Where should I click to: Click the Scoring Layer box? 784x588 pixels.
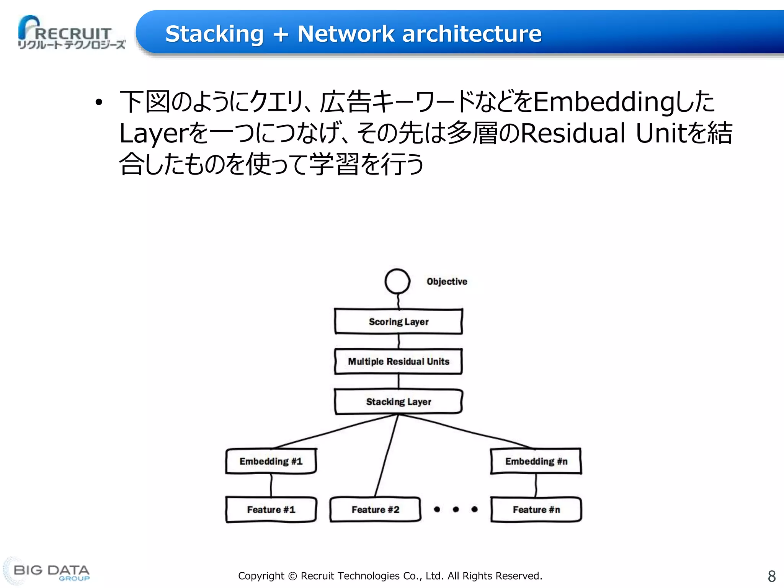(x=398, y=322)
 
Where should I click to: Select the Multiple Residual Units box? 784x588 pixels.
(x=398, y=361)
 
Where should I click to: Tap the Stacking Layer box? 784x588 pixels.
(x=398, y=402)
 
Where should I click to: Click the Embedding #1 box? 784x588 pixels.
(x=271, y=461)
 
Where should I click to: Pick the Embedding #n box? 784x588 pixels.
(x=536, y=461)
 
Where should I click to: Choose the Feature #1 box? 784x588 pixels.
(x=271, y=510)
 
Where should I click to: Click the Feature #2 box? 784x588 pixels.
(x=375, y=510)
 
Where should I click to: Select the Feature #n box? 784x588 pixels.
(x=536, y=510)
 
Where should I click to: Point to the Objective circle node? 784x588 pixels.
(x=397, y=281)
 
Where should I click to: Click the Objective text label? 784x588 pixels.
(x=447, y=281)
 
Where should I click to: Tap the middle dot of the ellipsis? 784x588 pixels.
(x=456, y=509)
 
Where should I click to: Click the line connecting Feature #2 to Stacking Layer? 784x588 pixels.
(x=387, y=456)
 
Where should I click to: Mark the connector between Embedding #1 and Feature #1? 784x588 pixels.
(x=271, y=485)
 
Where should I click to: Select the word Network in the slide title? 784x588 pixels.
(x=345, y=34)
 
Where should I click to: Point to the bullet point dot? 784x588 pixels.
(x=99, y=102)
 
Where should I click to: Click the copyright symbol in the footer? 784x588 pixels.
(x=292, y=576)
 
